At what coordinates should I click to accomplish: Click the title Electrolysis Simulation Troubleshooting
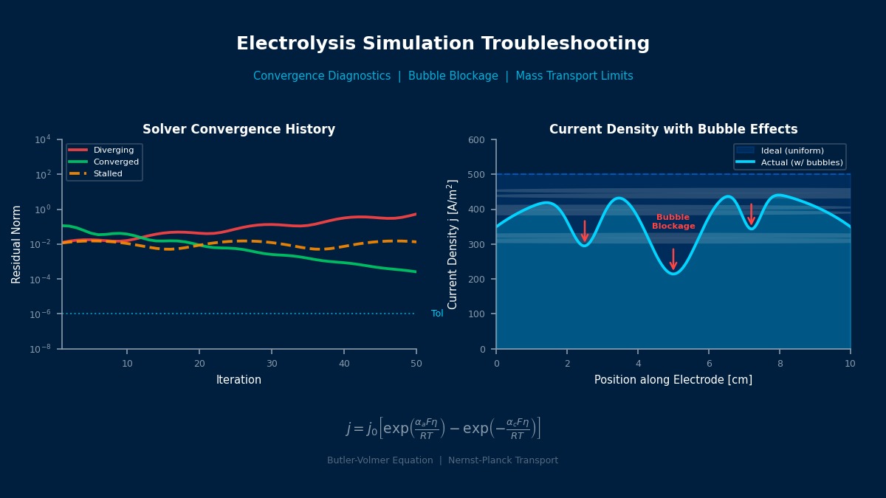(x=443, y=44)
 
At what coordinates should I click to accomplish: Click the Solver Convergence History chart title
(x=238, y=130)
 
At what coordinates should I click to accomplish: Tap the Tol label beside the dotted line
(x=437, y=314)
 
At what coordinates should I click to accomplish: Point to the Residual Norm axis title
(x=17, y=244)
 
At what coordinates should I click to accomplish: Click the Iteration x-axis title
(x=238, y=380)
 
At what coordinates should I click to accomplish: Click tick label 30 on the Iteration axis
(x=272, y=364)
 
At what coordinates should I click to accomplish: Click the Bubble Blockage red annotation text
(x=673, y=222)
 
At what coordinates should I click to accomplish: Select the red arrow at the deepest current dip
(x=673, y=259)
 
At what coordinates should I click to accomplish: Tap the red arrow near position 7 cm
(x=751, y=215)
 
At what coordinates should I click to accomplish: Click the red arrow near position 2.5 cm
(x=585, y=231)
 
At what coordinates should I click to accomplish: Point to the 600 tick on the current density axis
(x=476, y=139)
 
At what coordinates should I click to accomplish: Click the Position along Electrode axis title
(x=673, y=380)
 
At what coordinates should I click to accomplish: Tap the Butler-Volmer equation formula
(x=443, y=429)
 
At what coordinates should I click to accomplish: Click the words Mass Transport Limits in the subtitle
(x=574, y=76)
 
